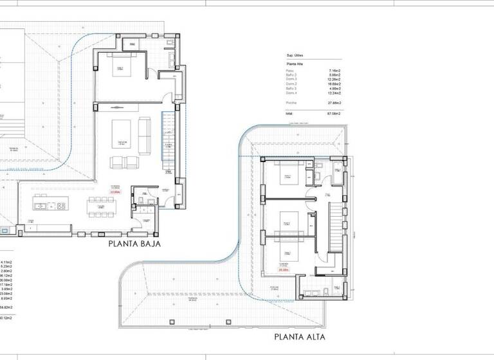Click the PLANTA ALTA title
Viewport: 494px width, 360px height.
(300, 336)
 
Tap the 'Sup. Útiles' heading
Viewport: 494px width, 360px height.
(294, 56)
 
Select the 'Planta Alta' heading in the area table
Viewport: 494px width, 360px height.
(295, 64)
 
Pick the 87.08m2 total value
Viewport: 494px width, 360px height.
(334, 114)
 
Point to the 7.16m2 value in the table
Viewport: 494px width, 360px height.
(334, 70)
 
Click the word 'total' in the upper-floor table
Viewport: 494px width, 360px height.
(289, 114)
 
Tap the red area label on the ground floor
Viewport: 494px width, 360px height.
(115, 191)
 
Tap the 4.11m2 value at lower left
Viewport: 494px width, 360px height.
(7, 262)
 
